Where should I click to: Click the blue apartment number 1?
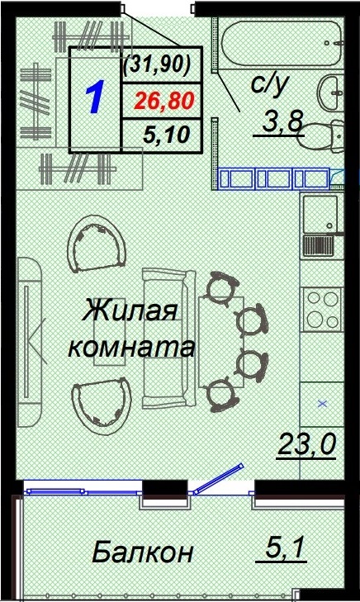point(94,97)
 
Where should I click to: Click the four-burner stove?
point(321,308)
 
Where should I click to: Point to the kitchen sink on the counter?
point(320,215)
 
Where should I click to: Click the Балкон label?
point(142,551)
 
